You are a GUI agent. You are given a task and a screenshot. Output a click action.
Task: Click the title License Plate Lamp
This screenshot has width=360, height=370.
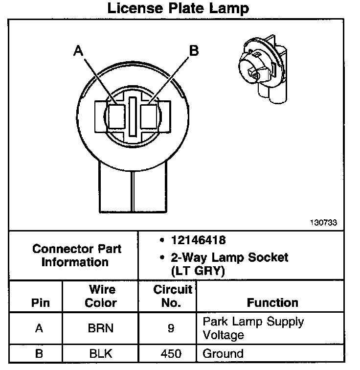tap(178, 8)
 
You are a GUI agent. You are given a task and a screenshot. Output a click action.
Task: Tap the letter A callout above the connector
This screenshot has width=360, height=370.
tap(78, 50)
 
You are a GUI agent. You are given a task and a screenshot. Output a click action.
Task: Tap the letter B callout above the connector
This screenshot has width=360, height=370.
tap(194, 50)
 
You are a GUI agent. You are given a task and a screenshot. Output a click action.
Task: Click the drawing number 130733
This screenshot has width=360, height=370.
tap(323, 222)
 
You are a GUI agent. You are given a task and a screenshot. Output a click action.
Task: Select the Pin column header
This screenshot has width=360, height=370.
tap(40, 302)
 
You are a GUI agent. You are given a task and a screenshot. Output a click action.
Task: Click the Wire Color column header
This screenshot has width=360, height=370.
tap(101, 296)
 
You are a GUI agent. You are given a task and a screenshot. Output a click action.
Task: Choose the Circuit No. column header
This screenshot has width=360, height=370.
tap(171, 296)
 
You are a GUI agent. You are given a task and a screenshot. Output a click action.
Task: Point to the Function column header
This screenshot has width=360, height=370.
tap(272, 302)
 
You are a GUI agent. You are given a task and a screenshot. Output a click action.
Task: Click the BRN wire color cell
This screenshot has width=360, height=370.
tap(100, 328)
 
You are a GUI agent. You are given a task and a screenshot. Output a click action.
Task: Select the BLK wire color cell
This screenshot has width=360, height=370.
tap(100, 353)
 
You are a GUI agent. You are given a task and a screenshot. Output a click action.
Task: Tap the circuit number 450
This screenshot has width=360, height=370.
tap(171, 353)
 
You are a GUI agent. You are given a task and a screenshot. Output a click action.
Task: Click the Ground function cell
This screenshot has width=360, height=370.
tap(223, 353)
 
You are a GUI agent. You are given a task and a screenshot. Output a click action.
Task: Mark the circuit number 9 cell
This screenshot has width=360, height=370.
tap(171, 328)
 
